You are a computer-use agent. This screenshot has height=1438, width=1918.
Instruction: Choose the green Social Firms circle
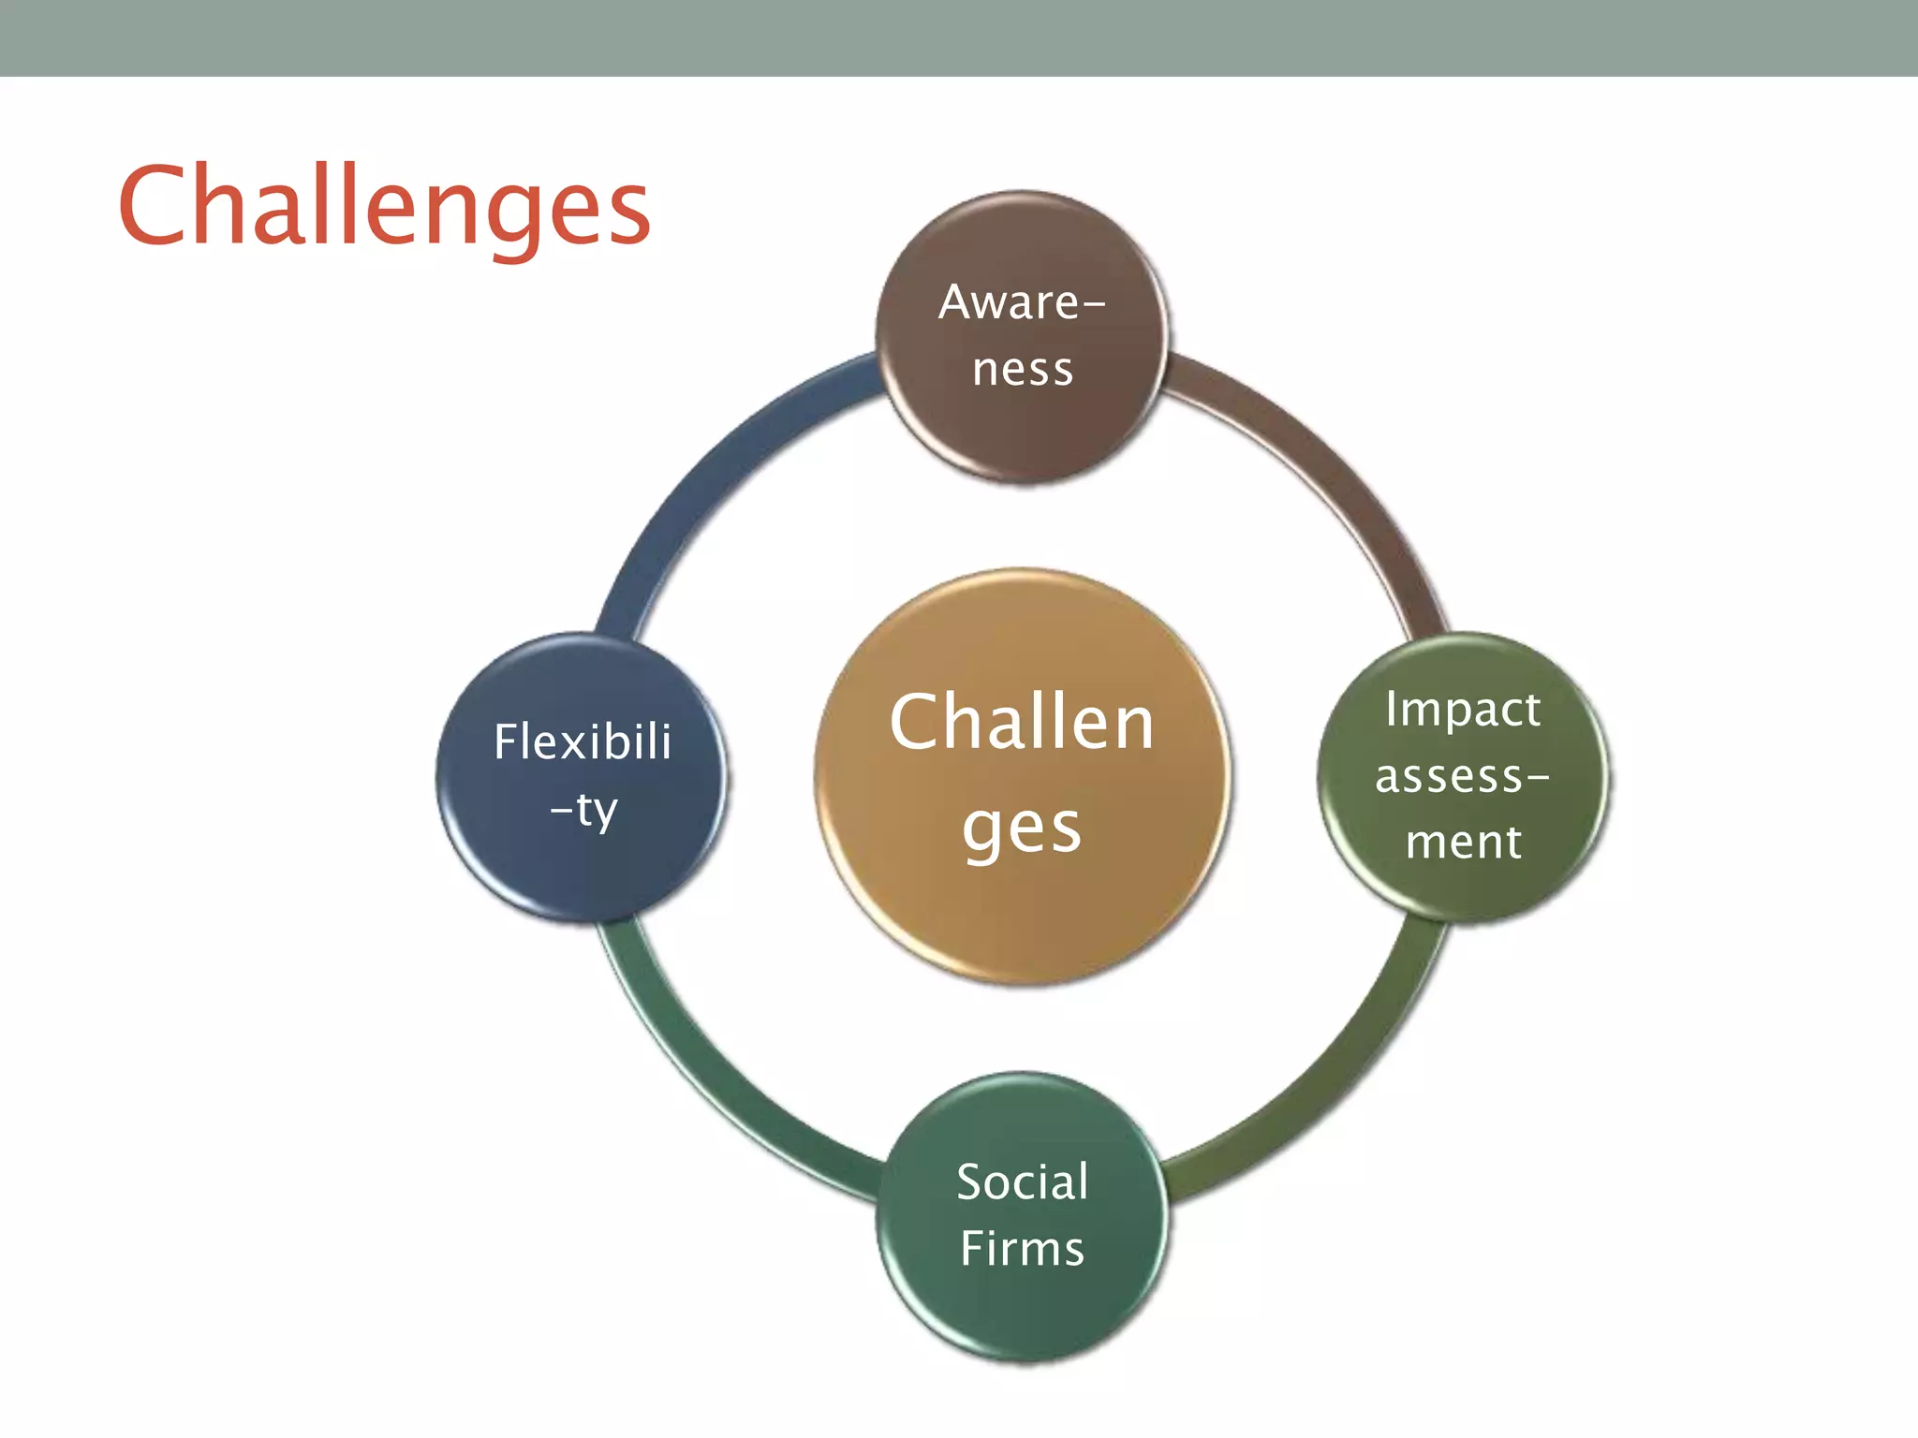point(1023,1311)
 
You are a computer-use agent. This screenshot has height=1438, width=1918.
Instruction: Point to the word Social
point(1023,1181)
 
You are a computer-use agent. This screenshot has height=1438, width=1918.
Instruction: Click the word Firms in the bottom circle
point(1023,1249)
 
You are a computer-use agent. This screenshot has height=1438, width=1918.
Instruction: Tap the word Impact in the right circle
point(1463,710)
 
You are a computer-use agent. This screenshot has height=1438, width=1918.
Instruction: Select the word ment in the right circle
point(1463,841)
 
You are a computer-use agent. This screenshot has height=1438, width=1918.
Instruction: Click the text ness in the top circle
point(1023,369)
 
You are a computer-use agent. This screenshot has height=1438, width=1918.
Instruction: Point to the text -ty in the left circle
point(584,810)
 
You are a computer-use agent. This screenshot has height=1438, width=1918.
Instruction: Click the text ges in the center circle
point(1023,829)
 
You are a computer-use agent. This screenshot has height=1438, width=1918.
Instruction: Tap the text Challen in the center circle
point(1023,723)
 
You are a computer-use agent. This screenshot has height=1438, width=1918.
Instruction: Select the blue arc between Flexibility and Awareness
point(712,468)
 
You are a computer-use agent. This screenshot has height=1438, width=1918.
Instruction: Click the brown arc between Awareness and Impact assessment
point(1330,468)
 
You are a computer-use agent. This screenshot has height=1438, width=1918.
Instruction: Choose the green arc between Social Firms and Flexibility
point(712,1086)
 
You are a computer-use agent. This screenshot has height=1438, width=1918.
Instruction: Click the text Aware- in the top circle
point(1023,302)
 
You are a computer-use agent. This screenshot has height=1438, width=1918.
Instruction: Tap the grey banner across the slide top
point(959,37)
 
